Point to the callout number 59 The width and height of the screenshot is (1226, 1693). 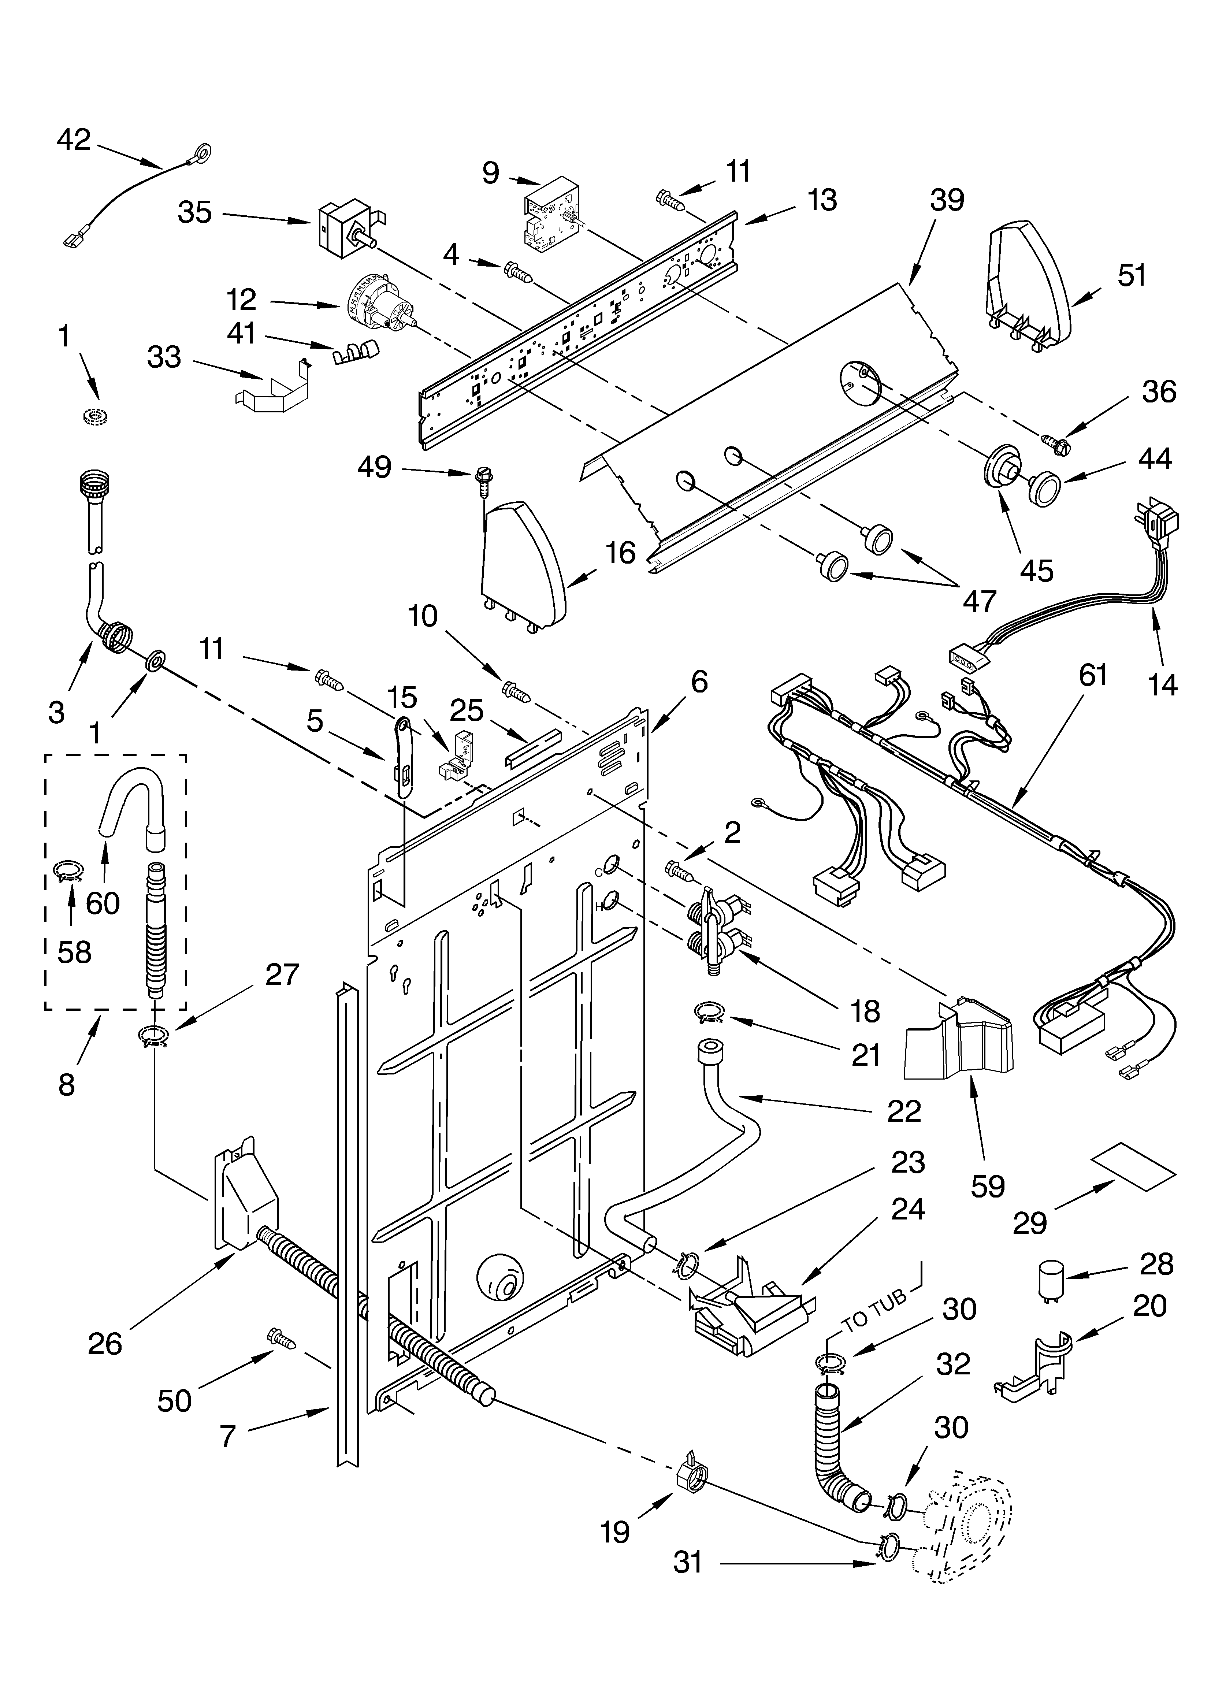987,1185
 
